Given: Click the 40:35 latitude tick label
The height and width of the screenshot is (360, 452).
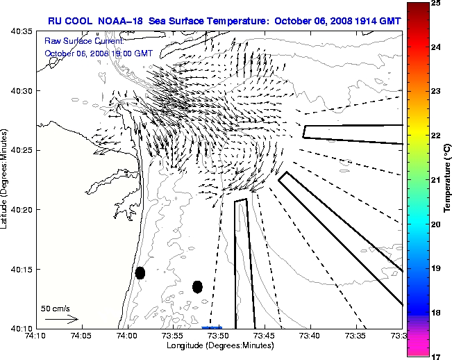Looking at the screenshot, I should coord(23,31).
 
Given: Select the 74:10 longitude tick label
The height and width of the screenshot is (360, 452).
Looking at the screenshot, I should coord(35,336).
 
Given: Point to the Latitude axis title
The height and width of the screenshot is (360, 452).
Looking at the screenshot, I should coord(6,180).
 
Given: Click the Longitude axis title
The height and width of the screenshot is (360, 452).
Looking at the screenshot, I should coord(219,345).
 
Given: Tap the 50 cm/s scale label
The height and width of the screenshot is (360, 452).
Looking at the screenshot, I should coord(56,308).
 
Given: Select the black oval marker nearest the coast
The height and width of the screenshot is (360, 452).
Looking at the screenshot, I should coord(140,272).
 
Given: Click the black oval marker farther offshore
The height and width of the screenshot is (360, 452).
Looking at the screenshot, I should coord(197,286).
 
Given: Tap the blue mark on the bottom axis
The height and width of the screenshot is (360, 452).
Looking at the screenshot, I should coord(211,327).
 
